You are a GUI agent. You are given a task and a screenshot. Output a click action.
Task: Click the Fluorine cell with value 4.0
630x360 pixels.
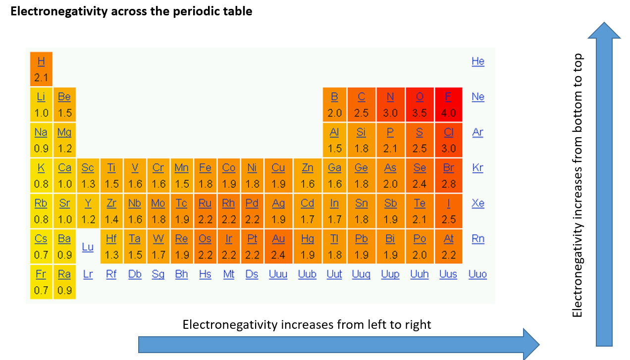click(x=448, y=104)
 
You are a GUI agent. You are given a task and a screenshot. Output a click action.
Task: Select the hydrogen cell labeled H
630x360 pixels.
click(x=41, y=69)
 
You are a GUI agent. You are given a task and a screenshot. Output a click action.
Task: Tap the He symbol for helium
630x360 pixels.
click(x=478, y=61)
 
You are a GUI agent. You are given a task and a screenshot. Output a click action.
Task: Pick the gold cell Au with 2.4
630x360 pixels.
click(x=278, y=246)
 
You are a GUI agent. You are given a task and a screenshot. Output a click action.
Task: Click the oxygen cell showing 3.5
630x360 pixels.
click(x=420, y=104)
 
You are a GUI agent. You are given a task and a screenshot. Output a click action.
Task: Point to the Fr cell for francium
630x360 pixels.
click(x=41, y=282)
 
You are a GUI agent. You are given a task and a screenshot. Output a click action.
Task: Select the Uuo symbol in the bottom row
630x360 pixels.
click(x=477, y=274)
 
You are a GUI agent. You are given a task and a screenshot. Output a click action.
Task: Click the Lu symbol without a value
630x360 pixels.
click(x=88, y=247)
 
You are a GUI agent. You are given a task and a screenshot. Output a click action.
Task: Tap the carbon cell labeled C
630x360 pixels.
click(x=361, y=104)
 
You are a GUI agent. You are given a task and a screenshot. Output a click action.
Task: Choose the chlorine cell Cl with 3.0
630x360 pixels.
click(x=448, y=140)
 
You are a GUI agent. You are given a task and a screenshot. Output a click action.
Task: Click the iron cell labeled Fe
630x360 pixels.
click(x=205, y=175)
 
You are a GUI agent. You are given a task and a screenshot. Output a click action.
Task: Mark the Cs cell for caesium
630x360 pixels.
click(x=41, y=246)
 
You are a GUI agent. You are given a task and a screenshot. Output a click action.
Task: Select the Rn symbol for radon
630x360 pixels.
click(x=478, y=239)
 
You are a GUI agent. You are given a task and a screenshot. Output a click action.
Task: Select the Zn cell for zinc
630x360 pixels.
click(x=308, y=175)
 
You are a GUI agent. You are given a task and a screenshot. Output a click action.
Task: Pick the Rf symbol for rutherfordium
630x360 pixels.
click(x=111, y=274)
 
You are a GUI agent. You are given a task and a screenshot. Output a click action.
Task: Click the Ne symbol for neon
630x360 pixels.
click(x=478, y=97)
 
